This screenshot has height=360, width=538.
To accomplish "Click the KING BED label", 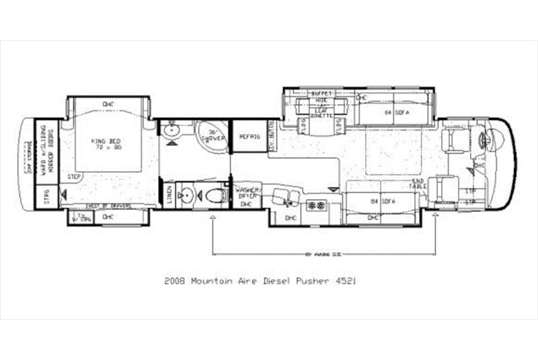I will (108, 144).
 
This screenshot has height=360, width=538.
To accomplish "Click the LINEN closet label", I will (169, 195).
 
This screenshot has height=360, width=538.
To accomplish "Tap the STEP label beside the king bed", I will (75, 177).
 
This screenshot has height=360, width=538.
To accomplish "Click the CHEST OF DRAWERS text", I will (108, 206).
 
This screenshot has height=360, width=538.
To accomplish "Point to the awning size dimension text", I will (323, 254).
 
